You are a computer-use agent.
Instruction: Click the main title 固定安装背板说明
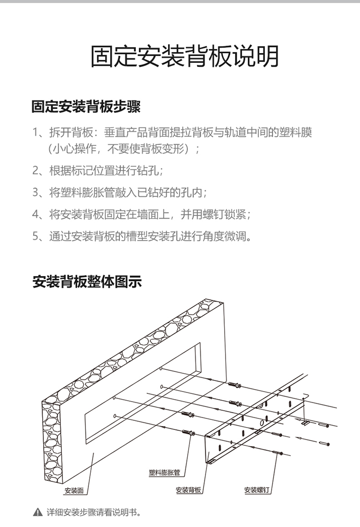coord(184,57)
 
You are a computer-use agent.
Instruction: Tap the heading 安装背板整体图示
coord(87,282)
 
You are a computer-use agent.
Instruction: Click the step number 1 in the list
coord(35,133)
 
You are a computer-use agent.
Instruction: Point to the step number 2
coord(35,171)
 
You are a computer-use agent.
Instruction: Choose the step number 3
coord(35,193)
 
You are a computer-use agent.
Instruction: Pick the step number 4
coord(35,214)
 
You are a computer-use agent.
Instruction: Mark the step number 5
coord(35,236)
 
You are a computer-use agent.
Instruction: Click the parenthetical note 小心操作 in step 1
coord(78,148)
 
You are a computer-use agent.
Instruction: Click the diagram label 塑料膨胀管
coord(164,473)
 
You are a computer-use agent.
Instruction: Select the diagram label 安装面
coord(74,490)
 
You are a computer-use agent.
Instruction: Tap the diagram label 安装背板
coord(188,490)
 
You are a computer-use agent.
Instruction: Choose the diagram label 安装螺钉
coord(258,490)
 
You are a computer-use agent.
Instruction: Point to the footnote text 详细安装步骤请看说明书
coord(91,513)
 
